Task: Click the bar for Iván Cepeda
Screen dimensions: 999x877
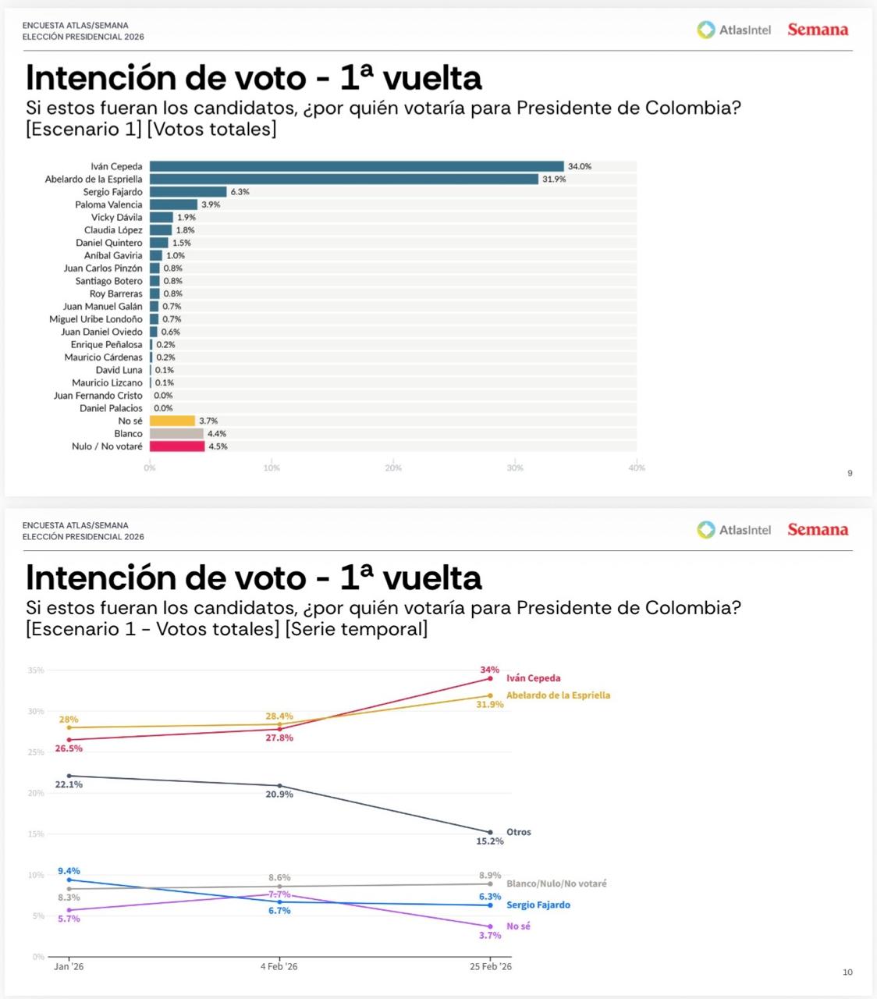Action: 357,166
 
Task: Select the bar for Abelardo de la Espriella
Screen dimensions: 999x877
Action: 344,179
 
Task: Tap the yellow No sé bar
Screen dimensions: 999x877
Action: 172,421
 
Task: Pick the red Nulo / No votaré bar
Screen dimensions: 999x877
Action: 177,446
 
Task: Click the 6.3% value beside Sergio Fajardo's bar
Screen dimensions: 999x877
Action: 240,192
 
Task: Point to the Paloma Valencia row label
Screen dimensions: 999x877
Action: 108,204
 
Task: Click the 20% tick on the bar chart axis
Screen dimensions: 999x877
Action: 393,468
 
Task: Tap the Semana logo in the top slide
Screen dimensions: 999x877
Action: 817,30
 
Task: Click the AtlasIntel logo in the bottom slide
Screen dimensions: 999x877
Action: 733,530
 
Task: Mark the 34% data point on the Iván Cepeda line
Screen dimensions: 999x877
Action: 490,678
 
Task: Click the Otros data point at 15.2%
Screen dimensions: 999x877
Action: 490,832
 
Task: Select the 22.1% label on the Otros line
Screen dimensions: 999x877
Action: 69,784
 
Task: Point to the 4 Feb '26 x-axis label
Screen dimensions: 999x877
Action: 279,966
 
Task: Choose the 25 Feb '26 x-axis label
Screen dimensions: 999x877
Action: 491,966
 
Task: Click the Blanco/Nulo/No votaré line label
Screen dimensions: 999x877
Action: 556,883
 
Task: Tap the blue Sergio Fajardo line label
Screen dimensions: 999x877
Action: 538,905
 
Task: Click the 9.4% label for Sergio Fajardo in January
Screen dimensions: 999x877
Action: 69,871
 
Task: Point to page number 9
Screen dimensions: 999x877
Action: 850,473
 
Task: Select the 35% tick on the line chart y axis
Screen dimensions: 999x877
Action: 36,670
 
